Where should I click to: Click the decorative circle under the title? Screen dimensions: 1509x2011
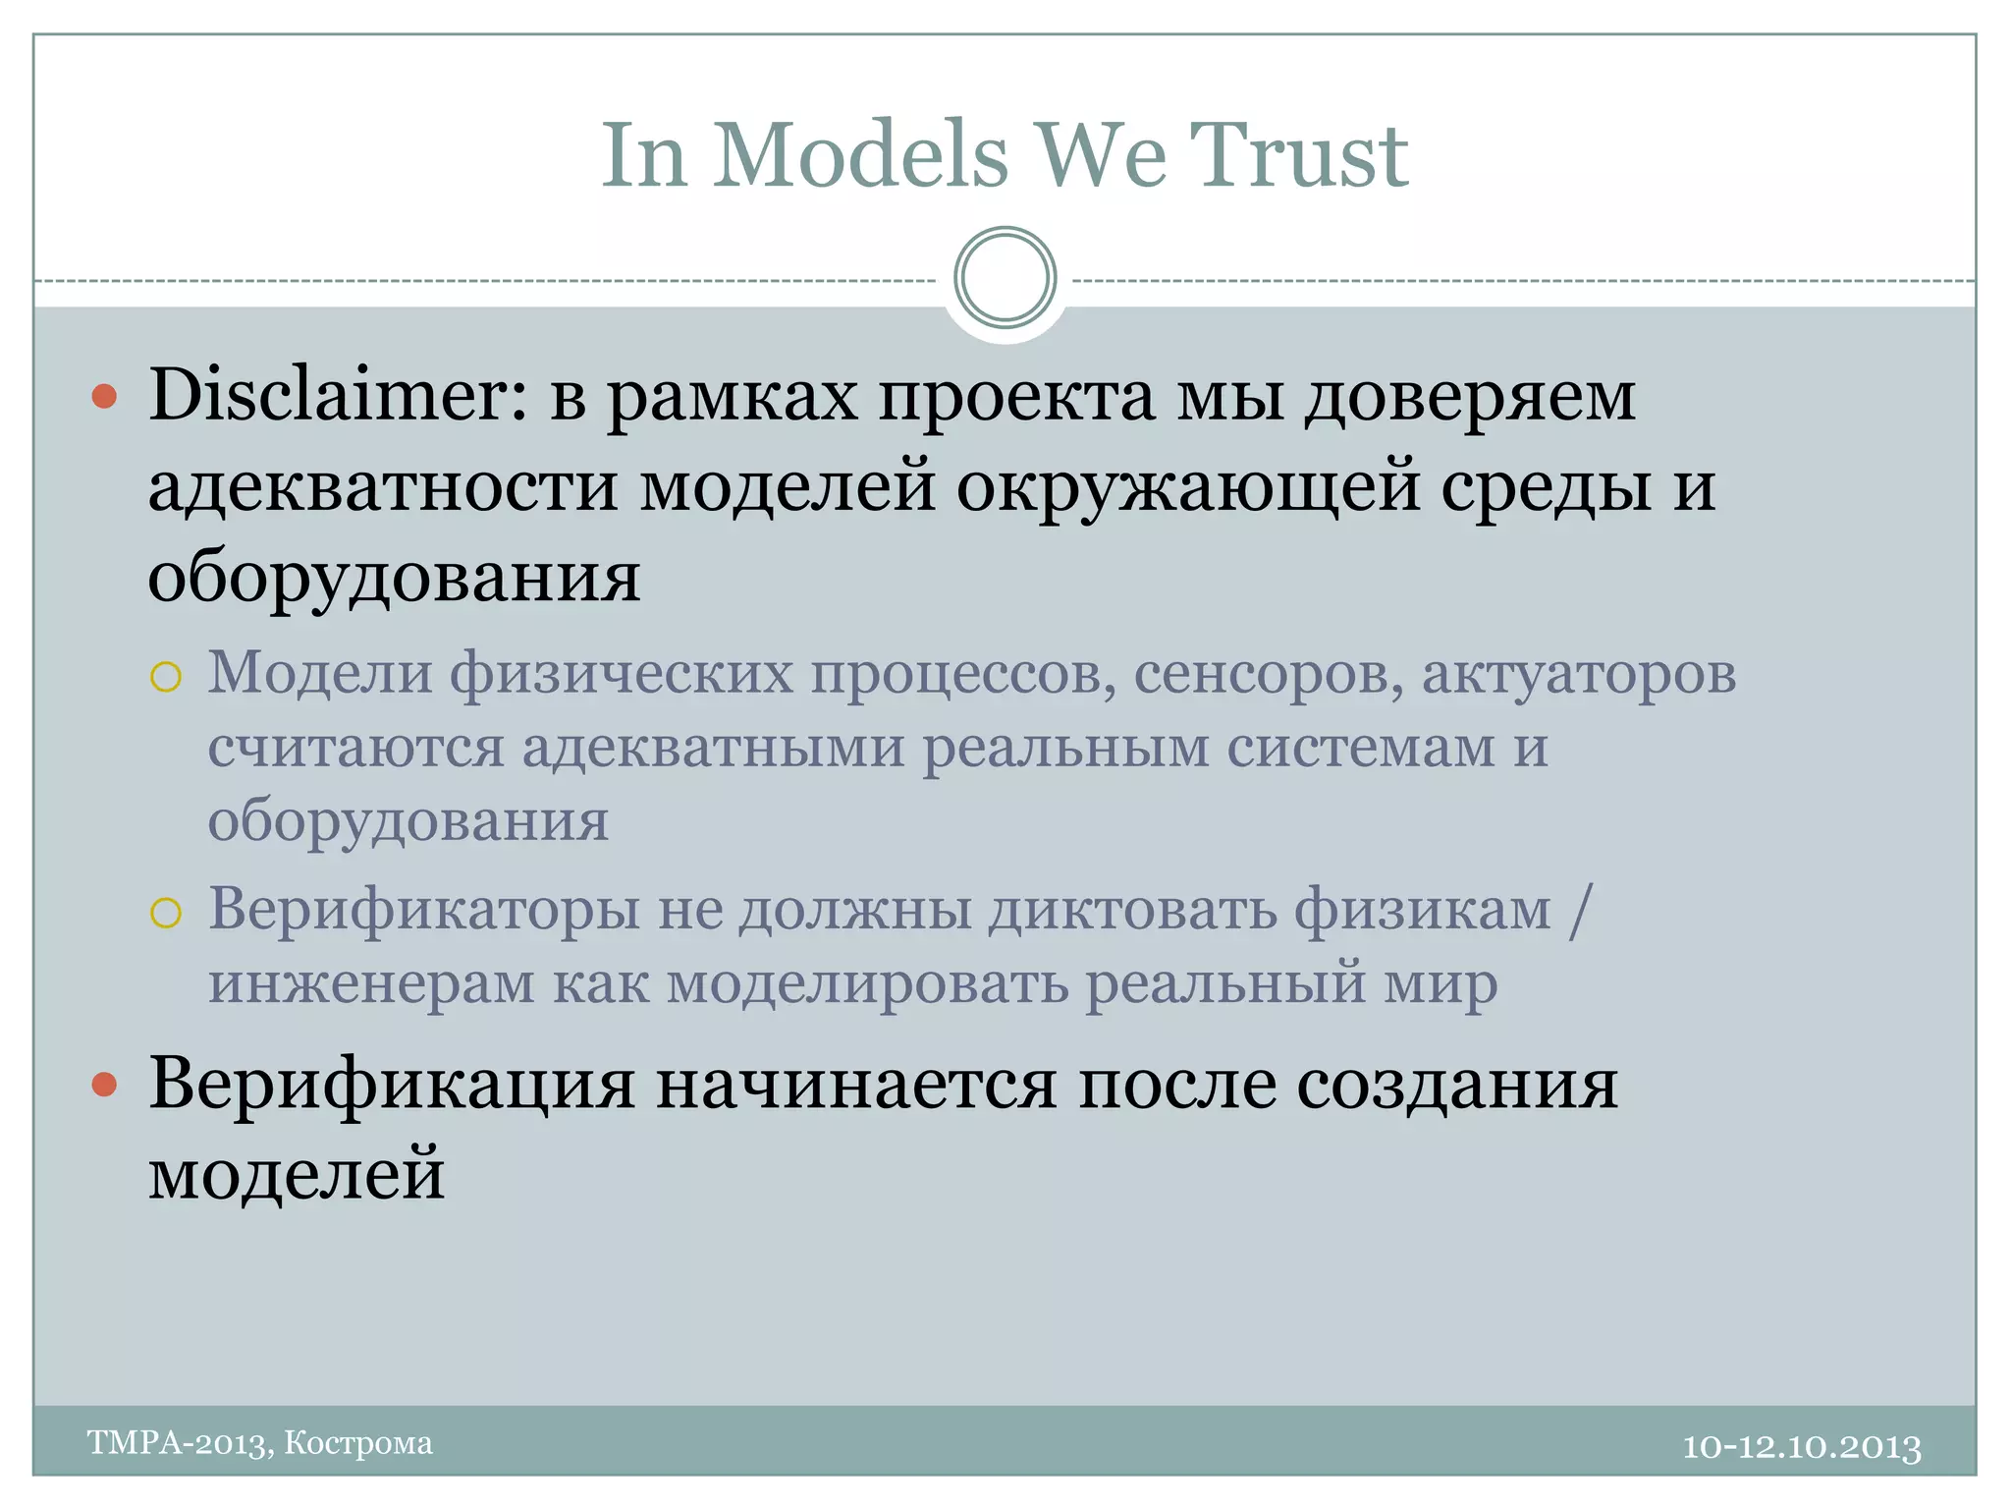click(x=1005, y=278)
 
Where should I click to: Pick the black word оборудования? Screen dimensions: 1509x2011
click(x=394, y=578)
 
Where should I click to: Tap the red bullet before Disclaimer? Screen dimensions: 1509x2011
click(x=104, y=397)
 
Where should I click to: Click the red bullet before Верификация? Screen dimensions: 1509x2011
click(x=104, y=1086)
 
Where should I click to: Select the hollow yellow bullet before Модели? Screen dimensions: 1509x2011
click(x=166, y=677)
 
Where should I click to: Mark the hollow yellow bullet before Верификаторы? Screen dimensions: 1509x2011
click(x=166, y=913)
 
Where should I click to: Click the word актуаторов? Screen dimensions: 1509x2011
click(x=1579, y=675)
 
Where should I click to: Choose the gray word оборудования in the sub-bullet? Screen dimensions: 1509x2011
click(x=408, y=821)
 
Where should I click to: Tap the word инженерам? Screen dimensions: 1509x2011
click(x=371, y=983)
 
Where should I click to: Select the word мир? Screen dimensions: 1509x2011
click(x=1440, y=983)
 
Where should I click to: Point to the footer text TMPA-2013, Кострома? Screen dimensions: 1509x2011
click(x=260, y=1443)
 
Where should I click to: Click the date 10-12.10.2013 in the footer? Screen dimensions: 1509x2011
click(x=1802, y=1447)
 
